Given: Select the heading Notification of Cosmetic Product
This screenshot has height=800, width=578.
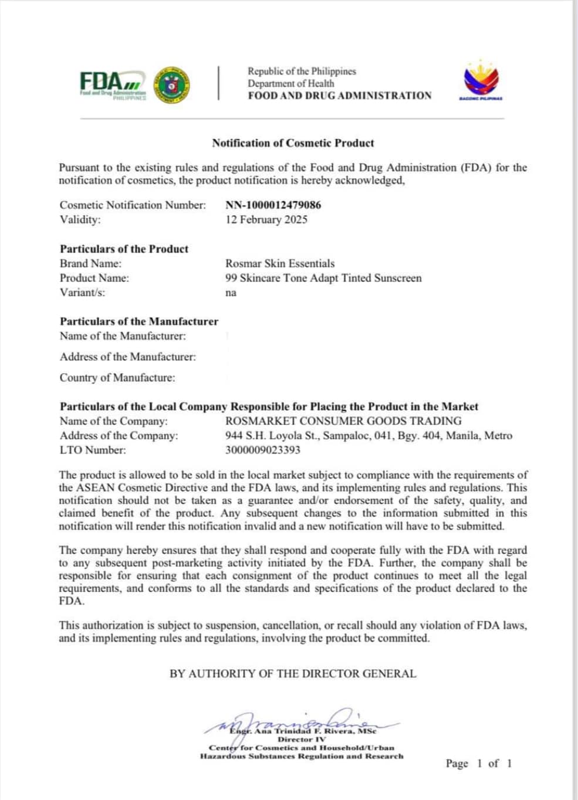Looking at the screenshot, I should click(x=293, y=143).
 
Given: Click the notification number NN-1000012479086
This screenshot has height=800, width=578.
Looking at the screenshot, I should click(x=273, y=205).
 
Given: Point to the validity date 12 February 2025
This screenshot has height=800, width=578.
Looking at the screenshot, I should click(x=266, y=220).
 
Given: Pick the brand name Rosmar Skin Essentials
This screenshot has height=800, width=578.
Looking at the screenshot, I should click(x=280, y=264).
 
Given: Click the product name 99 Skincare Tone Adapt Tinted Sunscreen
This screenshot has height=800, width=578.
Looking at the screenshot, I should click(x=323, y=279).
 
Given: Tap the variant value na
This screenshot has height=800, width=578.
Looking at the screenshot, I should click(x=231, y=293).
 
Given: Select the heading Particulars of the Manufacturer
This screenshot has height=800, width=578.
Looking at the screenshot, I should click(x=139, y=321).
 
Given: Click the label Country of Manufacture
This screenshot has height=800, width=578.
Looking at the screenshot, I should click(x=117, y=378).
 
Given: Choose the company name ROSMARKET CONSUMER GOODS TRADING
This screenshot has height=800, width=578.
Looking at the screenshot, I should click(x=343, y=421).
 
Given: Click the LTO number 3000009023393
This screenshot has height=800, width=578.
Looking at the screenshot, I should click(x=262, y=450).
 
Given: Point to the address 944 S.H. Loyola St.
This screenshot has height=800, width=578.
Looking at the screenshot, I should click(x=369, y=436).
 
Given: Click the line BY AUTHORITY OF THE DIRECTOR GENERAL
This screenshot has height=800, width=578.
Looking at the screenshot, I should click(x=293, y=674).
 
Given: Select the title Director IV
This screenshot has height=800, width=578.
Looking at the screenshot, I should click(x=302, y=740).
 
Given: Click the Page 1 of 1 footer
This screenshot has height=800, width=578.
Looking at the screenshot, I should click(x=478, y=764).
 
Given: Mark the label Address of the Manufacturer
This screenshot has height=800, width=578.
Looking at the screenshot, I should click(x=128, y=357).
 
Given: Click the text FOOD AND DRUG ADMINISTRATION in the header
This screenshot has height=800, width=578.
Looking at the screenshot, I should click(x=340, y=96).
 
